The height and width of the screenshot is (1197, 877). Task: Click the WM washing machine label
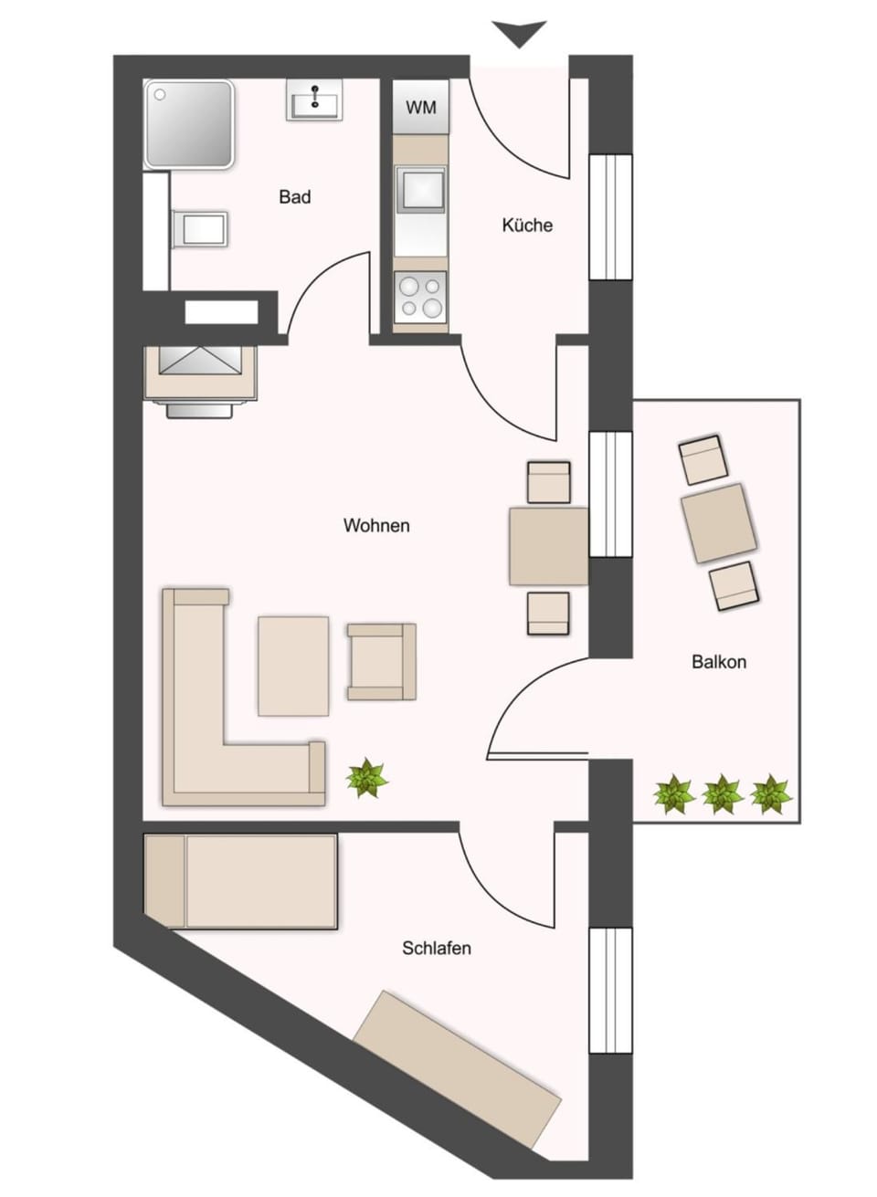click(421, 108)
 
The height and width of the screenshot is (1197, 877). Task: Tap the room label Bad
click(295, 196)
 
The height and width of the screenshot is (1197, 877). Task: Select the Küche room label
click(527, 225)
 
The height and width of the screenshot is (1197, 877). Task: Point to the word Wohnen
click(376, 525)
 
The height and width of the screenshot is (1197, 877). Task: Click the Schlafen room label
click(437, 948)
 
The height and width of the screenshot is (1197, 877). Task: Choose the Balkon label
click(719, 662)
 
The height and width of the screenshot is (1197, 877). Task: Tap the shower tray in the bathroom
click(189, 124)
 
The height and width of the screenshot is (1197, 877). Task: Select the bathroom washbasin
click(314, 100)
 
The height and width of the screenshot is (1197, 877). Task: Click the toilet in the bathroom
click(199, 228)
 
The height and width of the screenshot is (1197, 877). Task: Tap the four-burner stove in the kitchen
click(420, 297)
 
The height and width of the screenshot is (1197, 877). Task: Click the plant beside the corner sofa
click(367, 778)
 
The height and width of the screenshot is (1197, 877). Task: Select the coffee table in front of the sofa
click(293, 667)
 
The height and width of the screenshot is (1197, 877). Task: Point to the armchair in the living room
click(382, 662)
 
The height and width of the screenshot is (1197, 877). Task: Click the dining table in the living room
click(549, 547)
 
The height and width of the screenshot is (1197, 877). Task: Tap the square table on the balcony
click(719, 523)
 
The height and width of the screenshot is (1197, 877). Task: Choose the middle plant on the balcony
click(722, 794)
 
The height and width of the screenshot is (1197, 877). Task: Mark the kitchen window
click(610, 216)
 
